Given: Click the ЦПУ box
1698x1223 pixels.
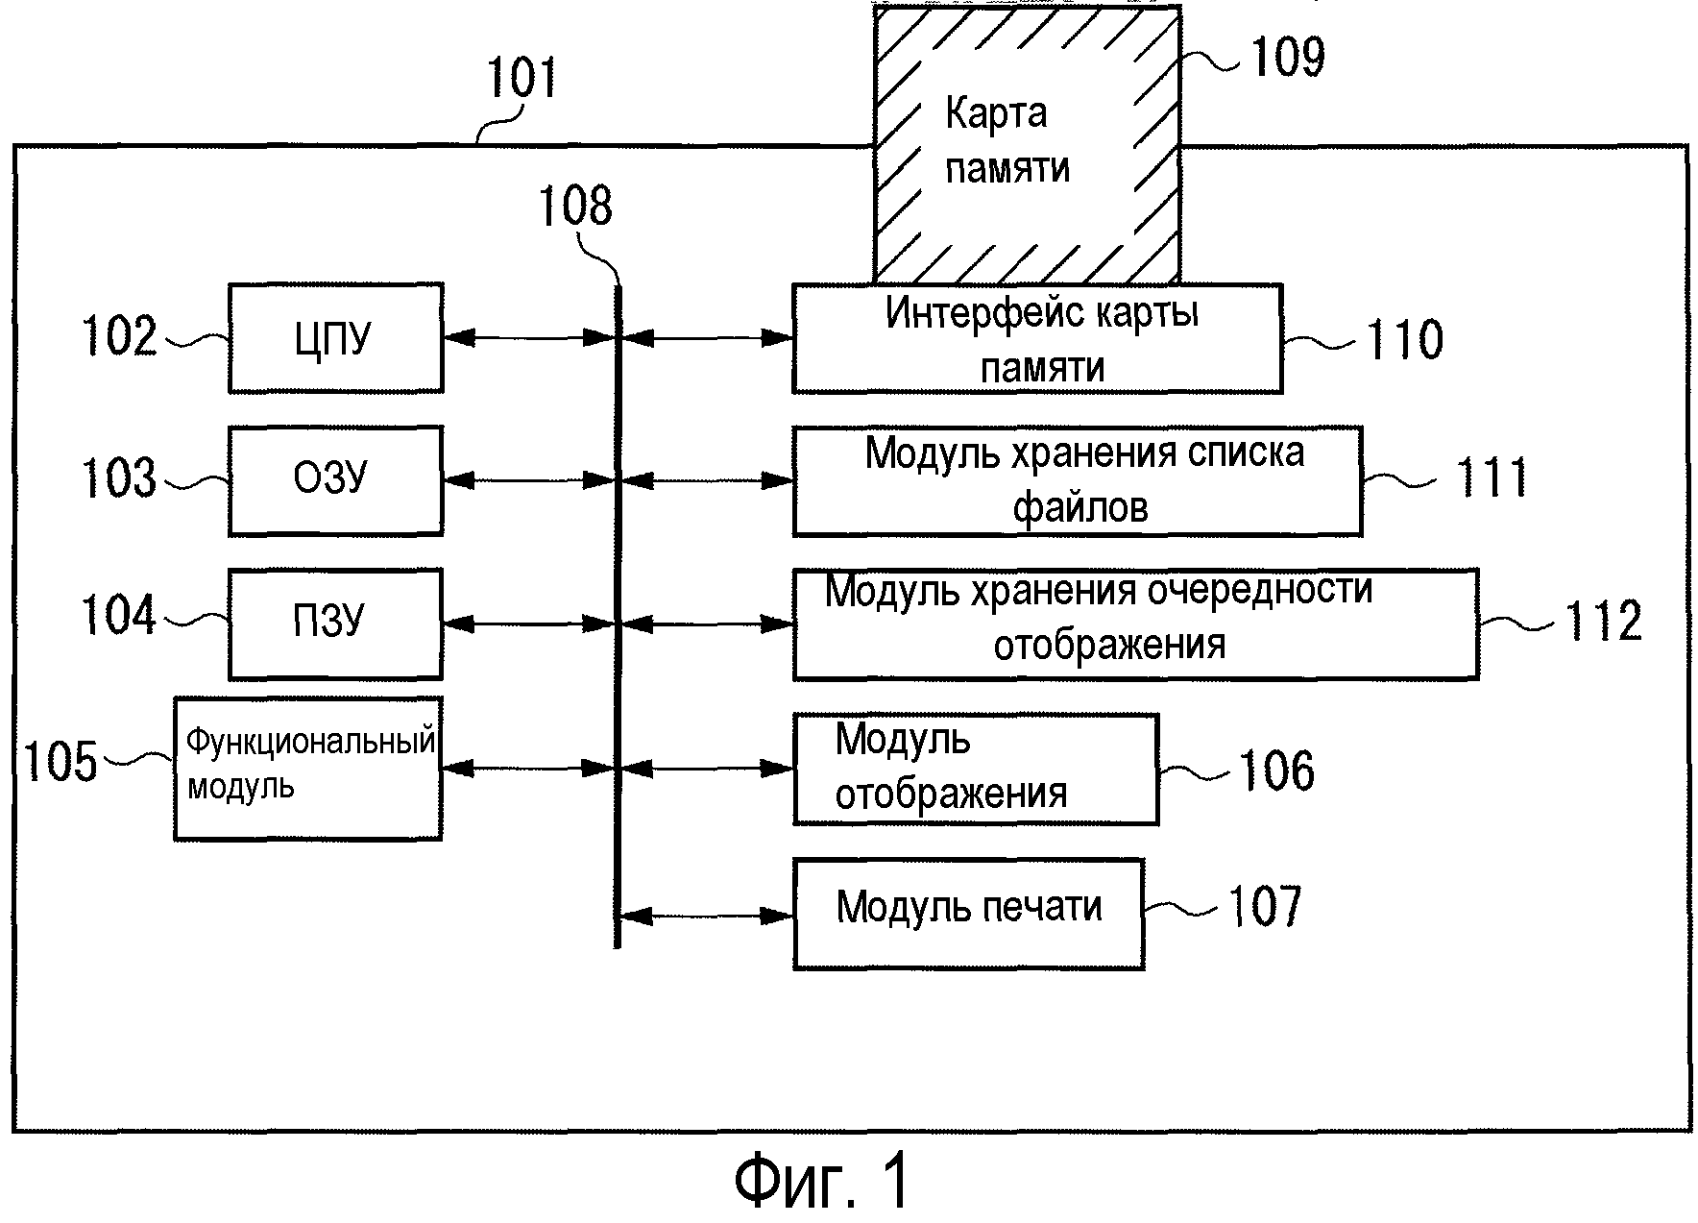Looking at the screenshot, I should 335,338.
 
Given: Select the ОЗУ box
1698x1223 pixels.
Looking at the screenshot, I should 335,480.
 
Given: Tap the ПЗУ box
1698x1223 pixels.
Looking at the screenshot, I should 335,624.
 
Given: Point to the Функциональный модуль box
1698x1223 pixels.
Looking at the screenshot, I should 307,769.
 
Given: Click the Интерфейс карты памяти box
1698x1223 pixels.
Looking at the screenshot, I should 1037,338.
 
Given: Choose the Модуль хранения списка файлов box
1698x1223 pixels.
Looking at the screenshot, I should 1077,480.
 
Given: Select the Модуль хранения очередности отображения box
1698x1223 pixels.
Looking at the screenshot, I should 1135,624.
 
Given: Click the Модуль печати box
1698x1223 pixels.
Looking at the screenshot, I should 968,914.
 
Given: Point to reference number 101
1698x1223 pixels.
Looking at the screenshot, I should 521,79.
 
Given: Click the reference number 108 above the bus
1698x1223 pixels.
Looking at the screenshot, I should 574,206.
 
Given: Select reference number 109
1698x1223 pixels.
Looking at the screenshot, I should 1287,57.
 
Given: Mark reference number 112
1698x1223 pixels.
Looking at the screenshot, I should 1604,622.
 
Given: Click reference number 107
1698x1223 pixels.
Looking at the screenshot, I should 1265,907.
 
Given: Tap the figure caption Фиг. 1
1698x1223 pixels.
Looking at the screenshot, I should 821,1181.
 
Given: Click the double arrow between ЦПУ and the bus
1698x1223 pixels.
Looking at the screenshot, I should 528,338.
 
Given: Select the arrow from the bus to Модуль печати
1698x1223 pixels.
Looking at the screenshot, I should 706,916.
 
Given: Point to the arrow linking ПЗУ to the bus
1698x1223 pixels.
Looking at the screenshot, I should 528,624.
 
